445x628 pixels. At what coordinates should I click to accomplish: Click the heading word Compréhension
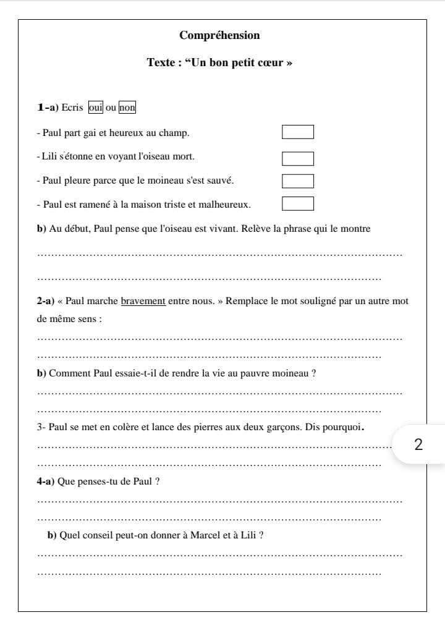(x=219, y=35)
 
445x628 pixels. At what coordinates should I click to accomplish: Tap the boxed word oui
(x=95, y=108)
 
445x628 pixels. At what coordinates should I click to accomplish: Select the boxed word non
(x=127, y=108)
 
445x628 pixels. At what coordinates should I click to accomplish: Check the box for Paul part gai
(x=298, y=132)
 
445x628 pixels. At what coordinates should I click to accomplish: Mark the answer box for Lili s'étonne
(x=298, y=158)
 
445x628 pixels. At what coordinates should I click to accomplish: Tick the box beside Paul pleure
(x=298, y=180)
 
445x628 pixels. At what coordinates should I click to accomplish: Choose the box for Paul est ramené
(x=298, y=203)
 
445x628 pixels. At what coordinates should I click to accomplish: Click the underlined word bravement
(x=143, y=302)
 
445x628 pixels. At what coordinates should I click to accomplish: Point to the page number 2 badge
(x=418, y=444)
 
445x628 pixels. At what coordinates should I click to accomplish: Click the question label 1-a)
(x=48, y=108)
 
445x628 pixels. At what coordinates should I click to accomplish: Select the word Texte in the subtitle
(x=162, y=63)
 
